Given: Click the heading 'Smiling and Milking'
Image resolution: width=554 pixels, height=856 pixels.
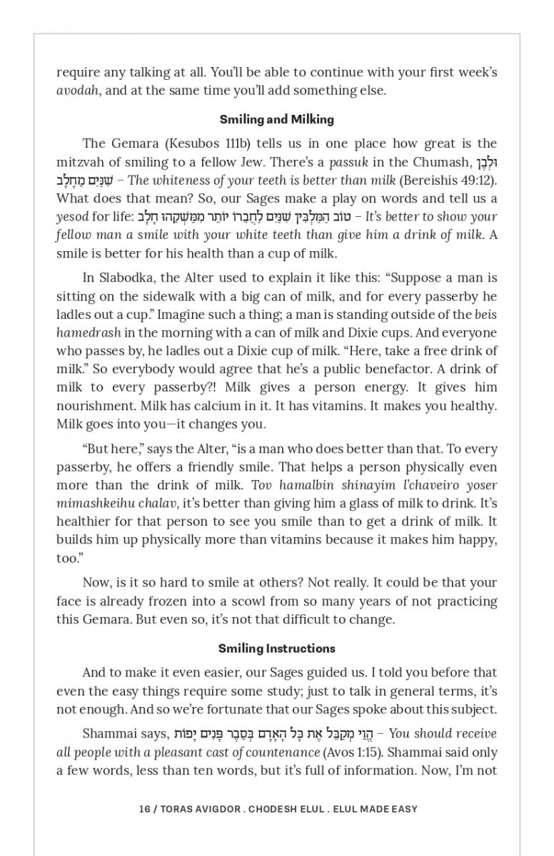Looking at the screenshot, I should (276, 119).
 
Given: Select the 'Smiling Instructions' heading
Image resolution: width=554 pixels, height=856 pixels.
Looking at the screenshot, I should (276, 648).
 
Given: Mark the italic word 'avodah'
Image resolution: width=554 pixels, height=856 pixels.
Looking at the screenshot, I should (78, 91).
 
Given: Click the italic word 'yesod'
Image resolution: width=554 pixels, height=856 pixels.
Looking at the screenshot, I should (72, 217).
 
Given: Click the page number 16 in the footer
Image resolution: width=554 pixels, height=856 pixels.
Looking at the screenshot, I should (145, 809).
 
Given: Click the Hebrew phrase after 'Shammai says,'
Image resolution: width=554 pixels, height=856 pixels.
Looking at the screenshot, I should (275, 734).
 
